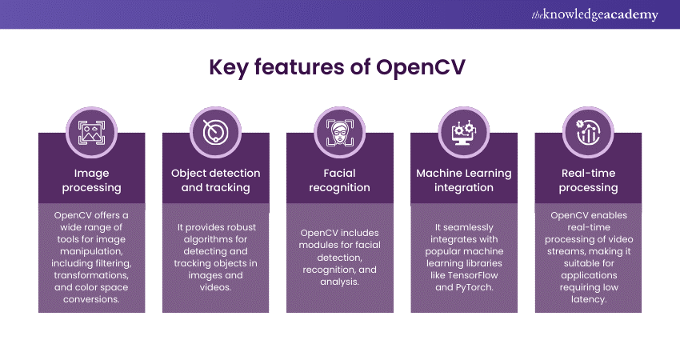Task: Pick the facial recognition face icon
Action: pyautogui.click(x=340, y=130)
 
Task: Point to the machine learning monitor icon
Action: pyautogui.click(x=464, y=130)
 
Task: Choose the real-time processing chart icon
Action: pyautogui.click(x=588, y=130)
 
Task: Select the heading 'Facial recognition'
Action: pyautogui.click(x=340, y=180)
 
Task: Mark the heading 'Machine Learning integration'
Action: pyautogui.click(x=464, y=180)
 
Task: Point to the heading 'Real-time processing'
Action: pyautogui.click(x=588, y=180)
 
